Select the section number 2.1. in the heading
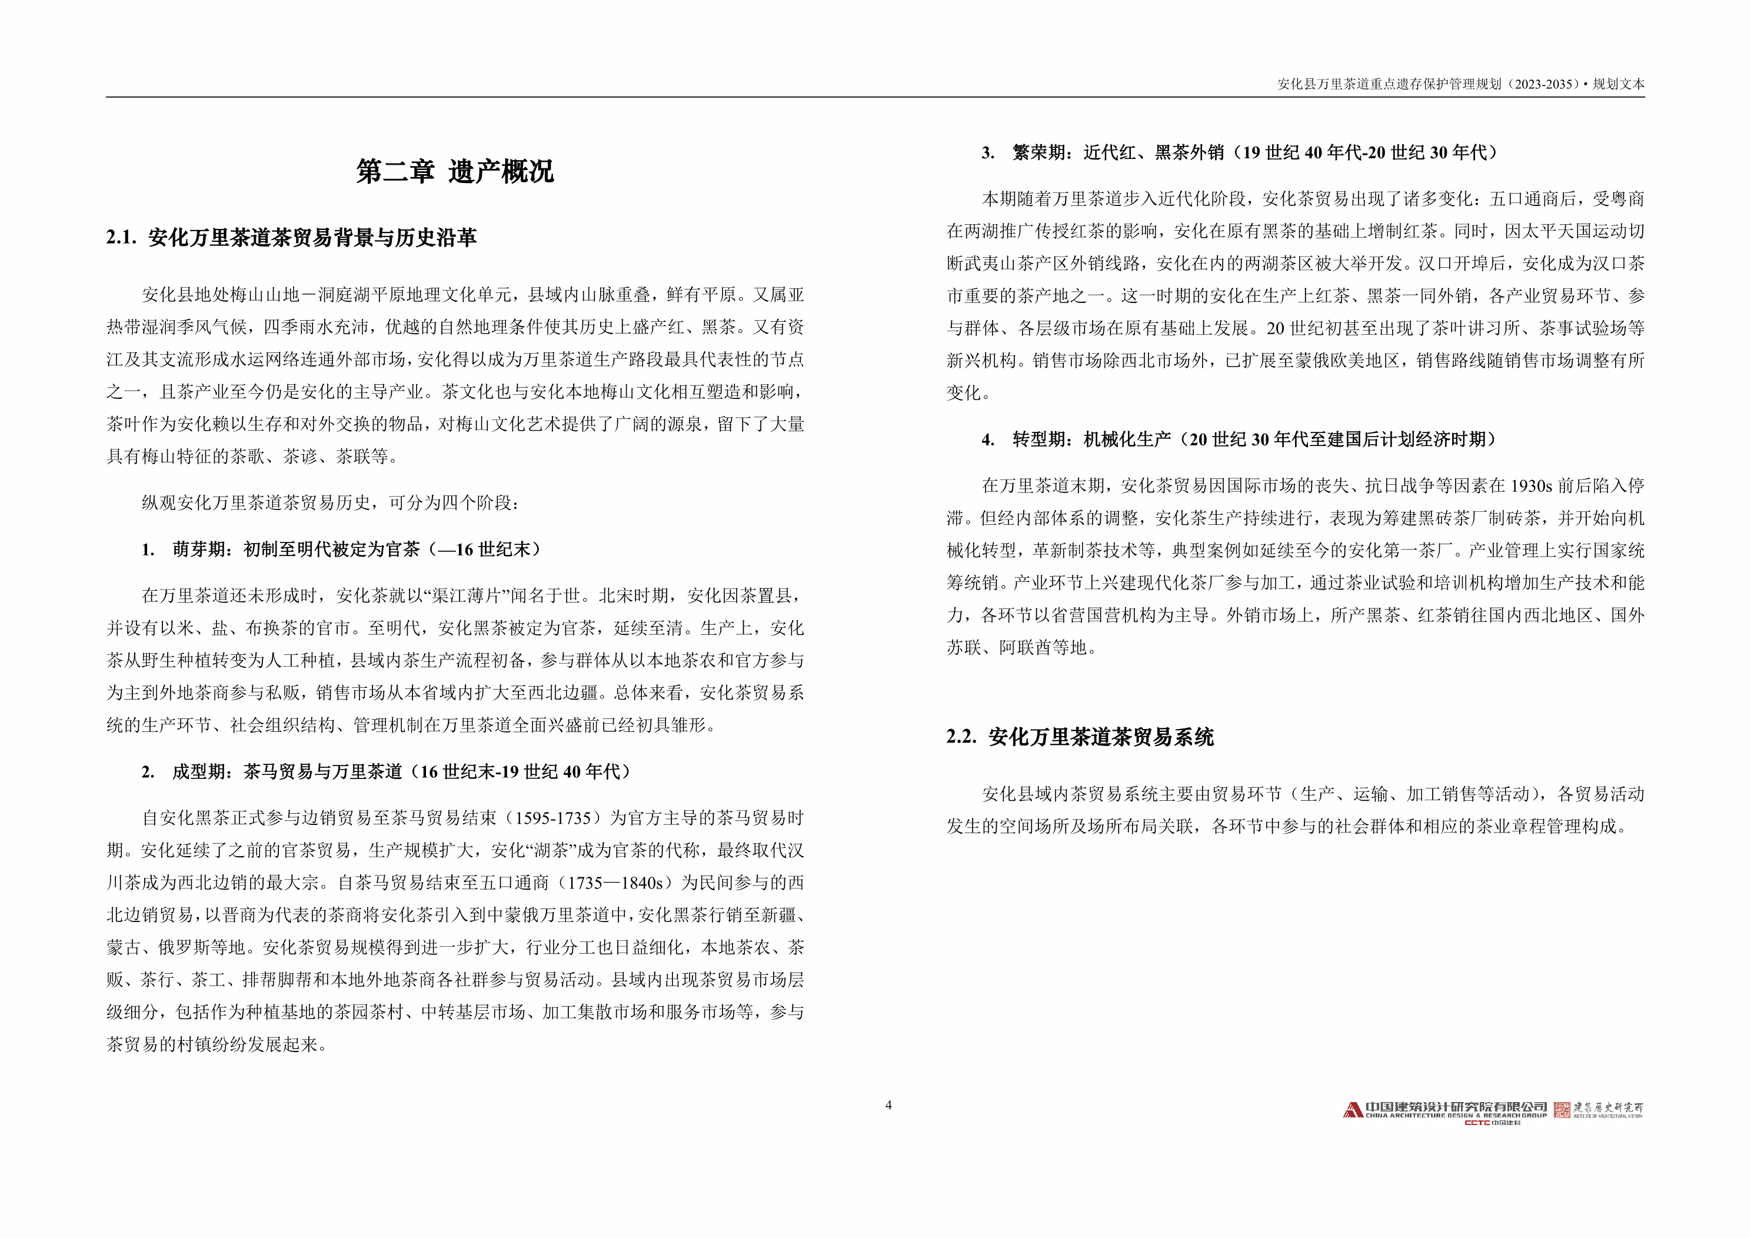pyautogui.click(x=121, y=238)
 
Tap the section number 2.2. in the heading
pyautogui.click(x=961, y=737)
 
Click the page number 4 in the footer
pyautogui.click(x=888, y=1104)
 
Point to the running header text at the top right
pyautogui.click(x=1460, y=84)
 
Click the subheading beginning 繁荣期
pyautogui.click(x=1254, y=152)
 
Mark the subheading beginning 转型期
pyautogui.click(x=1254, y=440)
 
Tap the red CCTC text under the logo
pyautogui.click(x=1477, y=1123)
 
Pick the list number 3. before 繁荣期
pyautogui.click(x=988, y=152)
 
